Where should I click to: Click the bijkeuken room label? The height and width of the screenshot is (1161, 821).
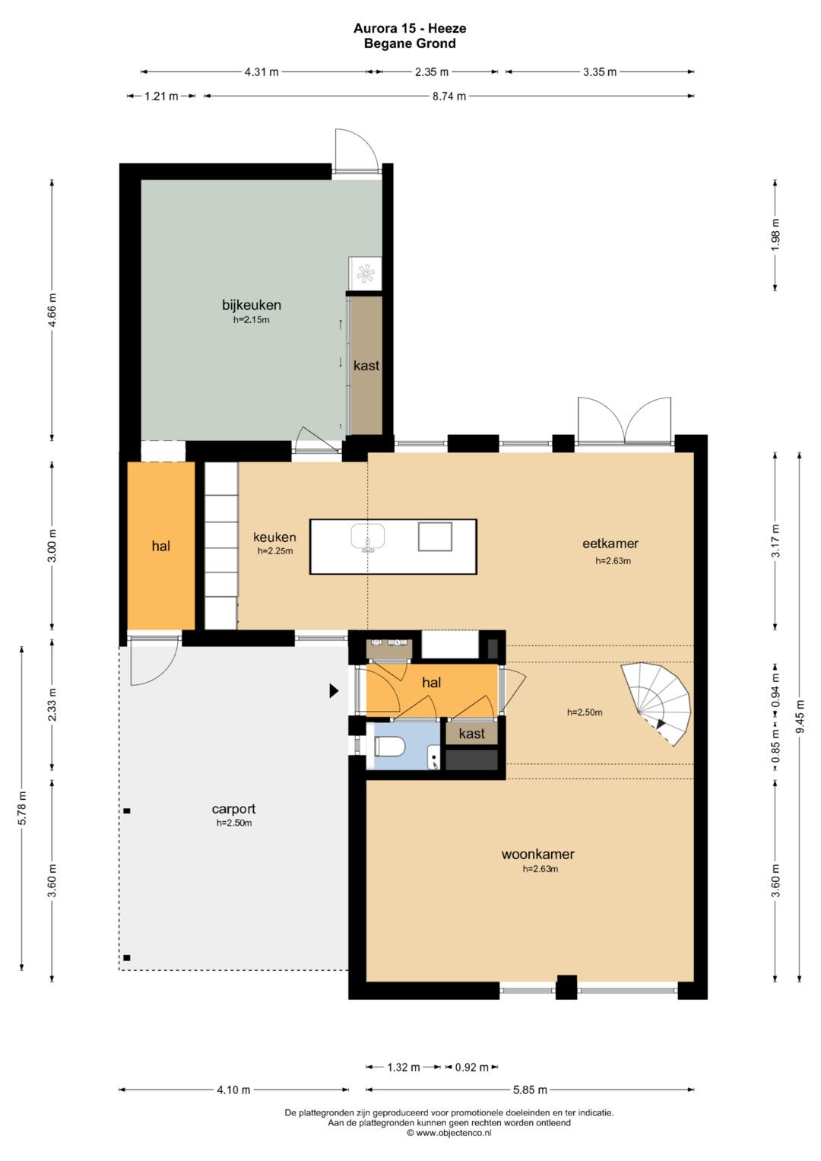[x=252, y=305]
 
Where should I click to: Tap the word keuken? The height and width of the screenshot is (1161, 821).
[x=274, y=537]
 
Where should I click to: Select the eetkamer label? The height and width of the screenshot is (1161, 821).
[x=610, y=543]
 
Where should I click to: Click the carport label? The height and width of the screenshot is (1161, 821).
[x=234, y=808]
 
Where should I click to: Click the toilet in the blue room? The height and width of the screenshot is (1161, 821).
[x=389, y=747]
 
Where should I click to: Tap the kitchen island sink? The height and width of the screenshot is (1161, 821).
[x=368, y=538]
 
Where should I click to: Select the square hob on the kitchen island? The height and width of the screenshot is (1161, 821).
[x=436, y=537]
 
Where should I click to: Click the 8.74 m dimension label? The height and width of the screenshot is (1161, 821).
[x=449, y=96]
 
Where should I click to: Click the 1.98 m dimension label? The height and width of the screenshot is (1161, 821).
[x=775, y=235]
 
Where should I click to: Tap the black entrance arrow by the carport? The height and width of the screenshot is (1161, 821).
[x=334, y=690]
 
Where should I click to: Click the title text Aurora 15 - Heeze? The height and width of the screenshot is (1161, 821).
[x=410, y=28]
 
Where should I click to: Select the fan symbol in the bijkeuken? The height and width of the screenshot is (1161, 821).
[x=366, y=273]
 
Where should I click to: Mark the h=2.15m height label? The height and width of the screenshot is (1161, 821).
[x=252, y=320]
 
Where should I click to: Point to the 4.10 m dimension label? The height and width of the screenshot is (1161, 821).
[x=233, y=1090]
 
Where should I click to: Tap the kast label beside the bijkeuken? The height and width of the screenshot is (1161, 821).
[x=366, y=366]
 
